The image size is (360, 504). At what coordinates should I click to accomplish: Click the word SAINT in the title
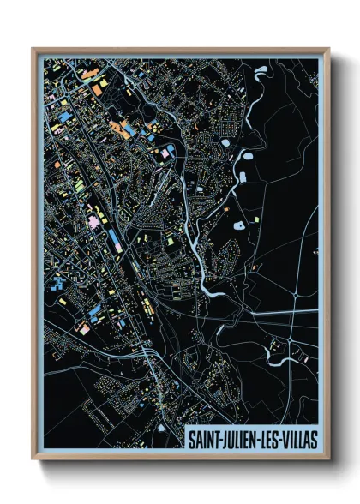pos(207,439)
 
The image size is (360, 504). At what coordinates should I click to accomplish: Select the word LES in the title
pos(273,439)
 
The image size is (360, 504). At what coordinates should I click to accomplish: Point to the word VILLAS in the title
pos(300,439)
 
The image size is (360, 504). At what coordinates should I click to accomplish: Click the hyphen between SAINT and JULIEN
pos(224,440)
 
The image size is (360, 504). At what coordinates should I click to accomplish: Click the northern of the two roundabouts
pos(294,294)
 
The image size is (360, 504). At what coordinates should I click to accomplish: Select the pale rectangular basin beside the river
pos(242,177)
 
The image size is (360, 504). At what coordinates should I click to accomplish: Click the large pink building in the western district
pos(91,222)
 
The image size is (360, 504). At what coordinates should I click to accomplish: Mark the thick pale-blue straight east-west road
pos(257,312)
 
